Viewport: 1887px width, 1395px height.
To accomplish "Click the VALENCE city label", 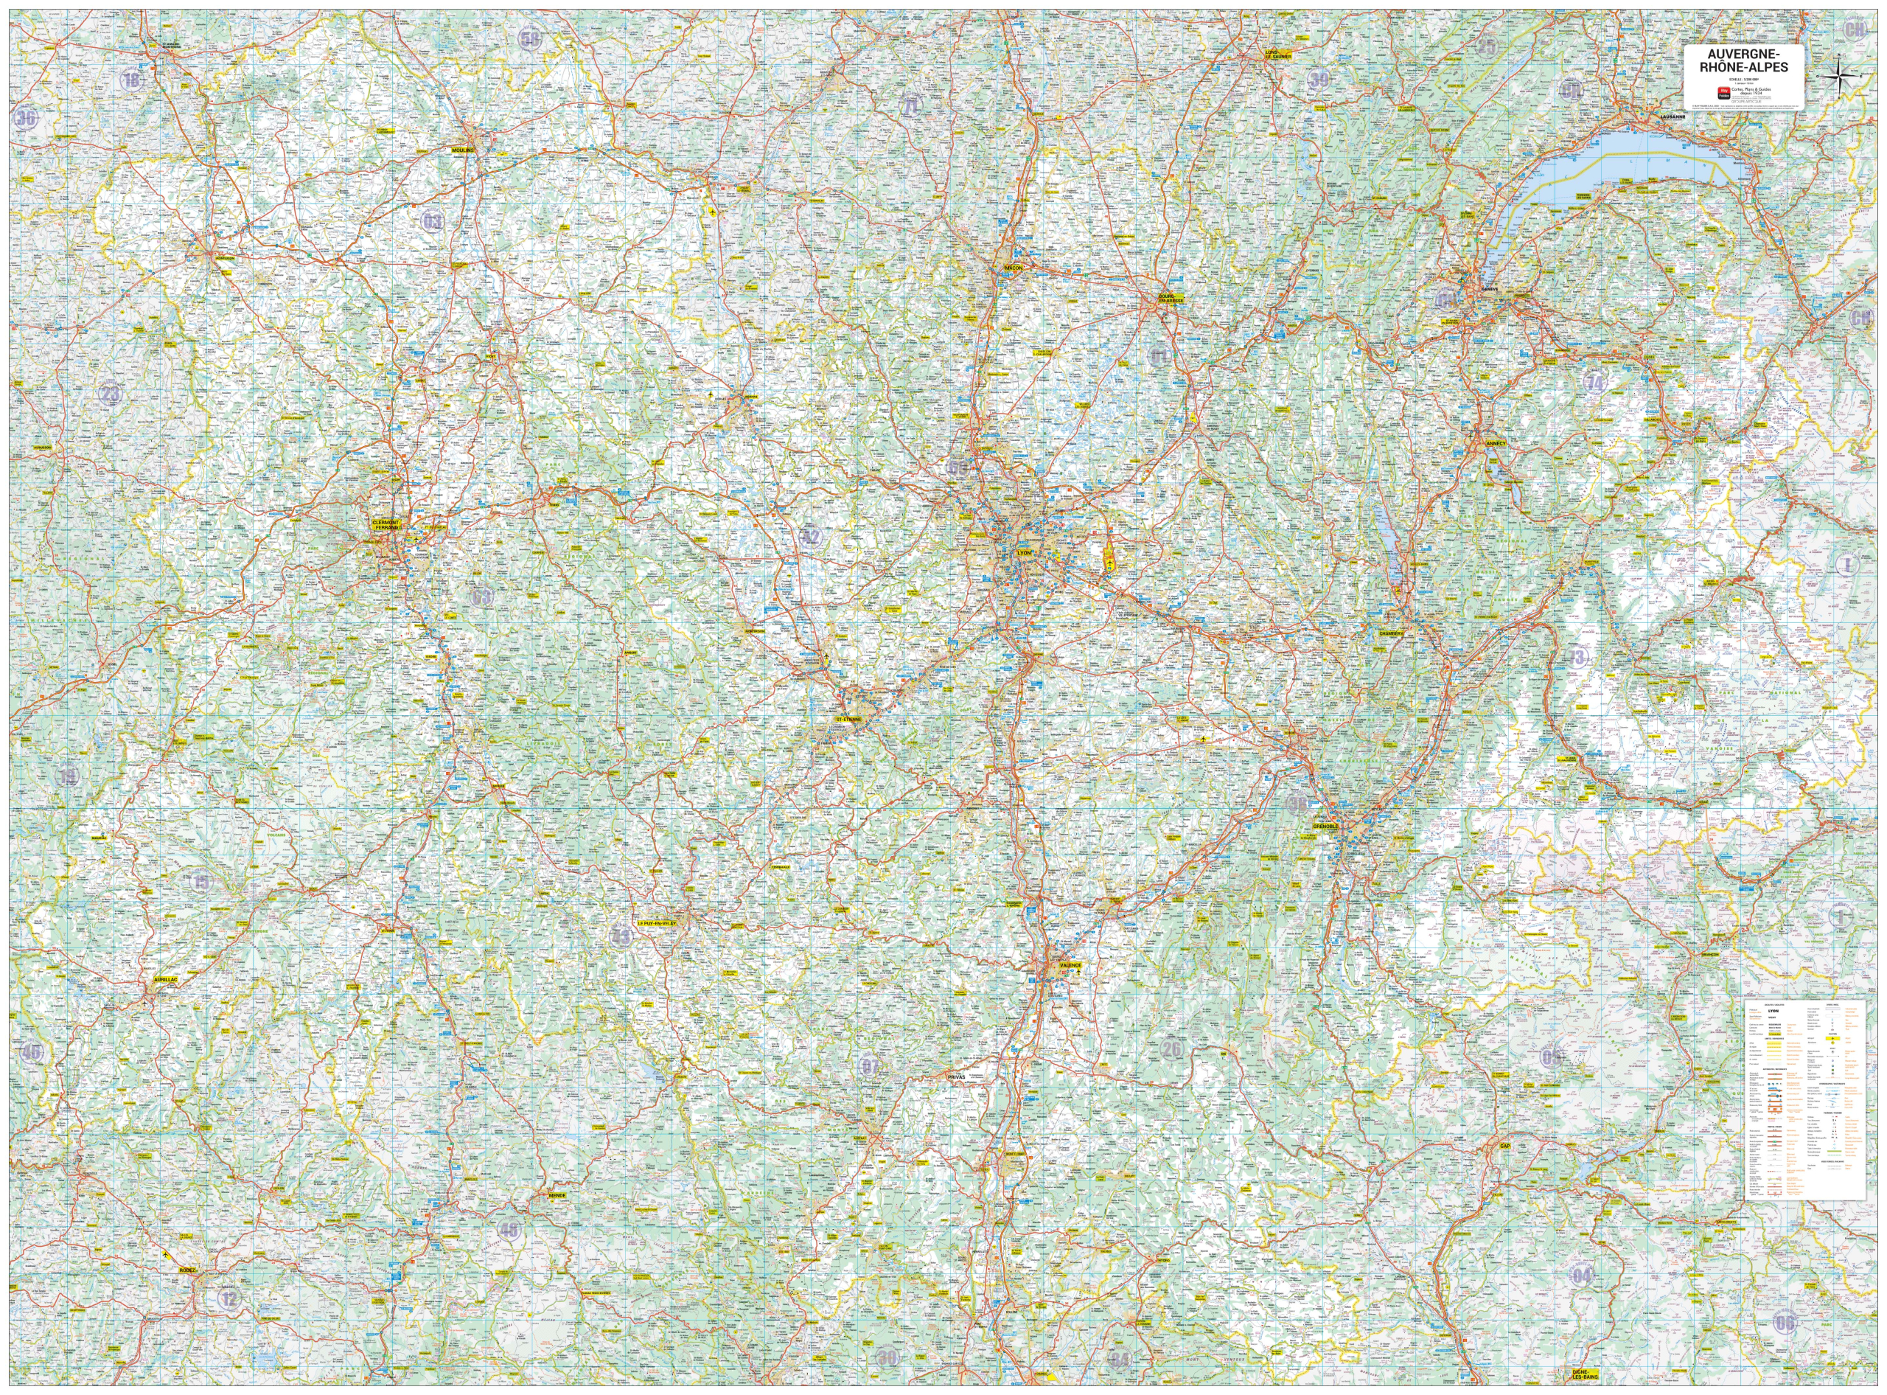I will pos(1070,964).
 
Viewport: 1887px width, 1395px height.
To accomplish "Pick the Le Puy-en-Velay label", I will pos(658,924).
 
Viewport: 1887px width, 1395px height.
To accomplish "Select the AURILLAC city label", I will pos(167,980).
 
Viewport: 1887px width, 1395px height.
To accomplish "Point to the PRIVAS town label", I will pos(956,1077).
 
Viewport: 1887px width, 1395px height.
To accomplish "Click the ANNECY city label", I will pos(1494,442).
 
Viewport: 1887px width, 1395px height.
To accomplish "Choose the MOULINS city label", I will pos(464,150).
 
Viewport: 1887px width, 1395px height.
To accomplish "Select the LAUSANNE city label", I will pos(1672,116).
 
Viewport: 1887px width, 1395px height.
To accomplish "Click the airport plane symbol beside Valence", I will pos(1078,973).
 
